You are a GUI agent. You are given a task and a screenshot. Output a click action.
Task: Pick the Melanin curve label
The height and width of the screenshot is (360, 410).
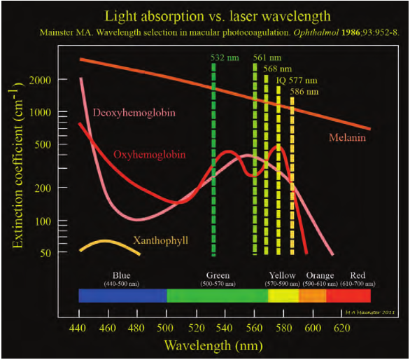point(348,137)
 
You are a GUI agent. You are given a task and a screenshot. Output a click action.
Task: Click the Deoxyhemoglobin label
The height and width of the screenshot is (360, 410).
point(133,112)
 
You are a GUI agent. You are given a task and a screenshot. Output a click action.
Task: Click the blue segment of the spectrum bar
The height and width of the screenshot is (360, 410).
point(122,296)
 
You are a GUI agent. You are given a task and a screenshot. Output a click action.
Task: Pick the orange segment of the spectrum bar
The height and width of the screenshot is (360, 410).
point(312,296)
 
